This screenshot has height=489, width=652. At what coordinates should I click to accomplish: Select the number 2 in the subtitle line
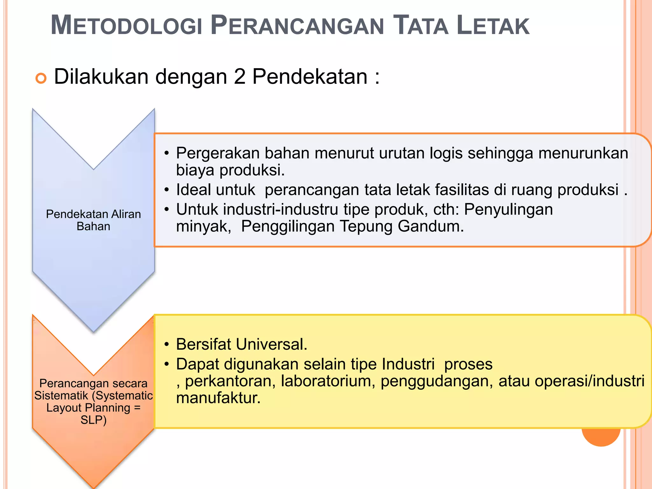(x=239, y=77)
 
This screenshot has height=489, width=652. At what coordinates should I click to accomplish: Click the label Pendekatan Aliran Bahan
(x=93, y=220)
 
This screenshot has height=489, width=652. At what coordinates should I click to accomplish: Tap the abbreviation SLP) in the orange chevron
(x=93, y=420)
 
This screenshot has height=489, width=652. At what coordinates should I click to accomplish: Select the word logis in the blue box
(x=446, y=153)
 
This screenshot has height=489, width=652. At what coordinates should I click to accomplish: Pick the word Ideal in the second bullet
(x=194, y=190)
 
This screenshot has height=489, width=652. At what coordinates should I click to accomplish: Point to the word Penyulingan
(x=508, y=209)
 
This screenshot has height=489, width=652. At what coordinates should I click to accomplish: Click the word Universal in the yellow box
(x=272, y=344)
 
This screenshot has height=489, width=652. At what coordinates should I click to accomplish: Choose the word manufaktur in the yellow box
(x=218, y=398)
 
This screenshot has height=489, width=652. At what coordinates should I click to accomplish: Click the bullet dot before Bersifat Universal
(x=167, y=345)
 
